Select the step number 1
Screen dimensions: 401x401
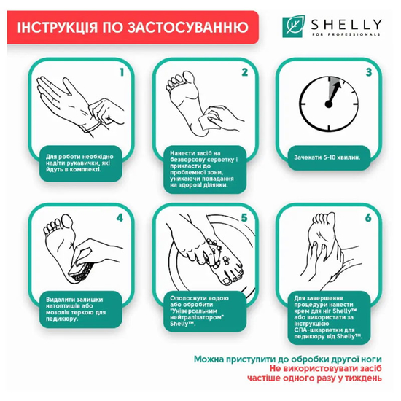point(123,73)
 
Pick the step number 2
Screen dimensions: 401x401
point(245,73)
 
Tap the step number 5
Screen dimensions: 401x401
point(245,217)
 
